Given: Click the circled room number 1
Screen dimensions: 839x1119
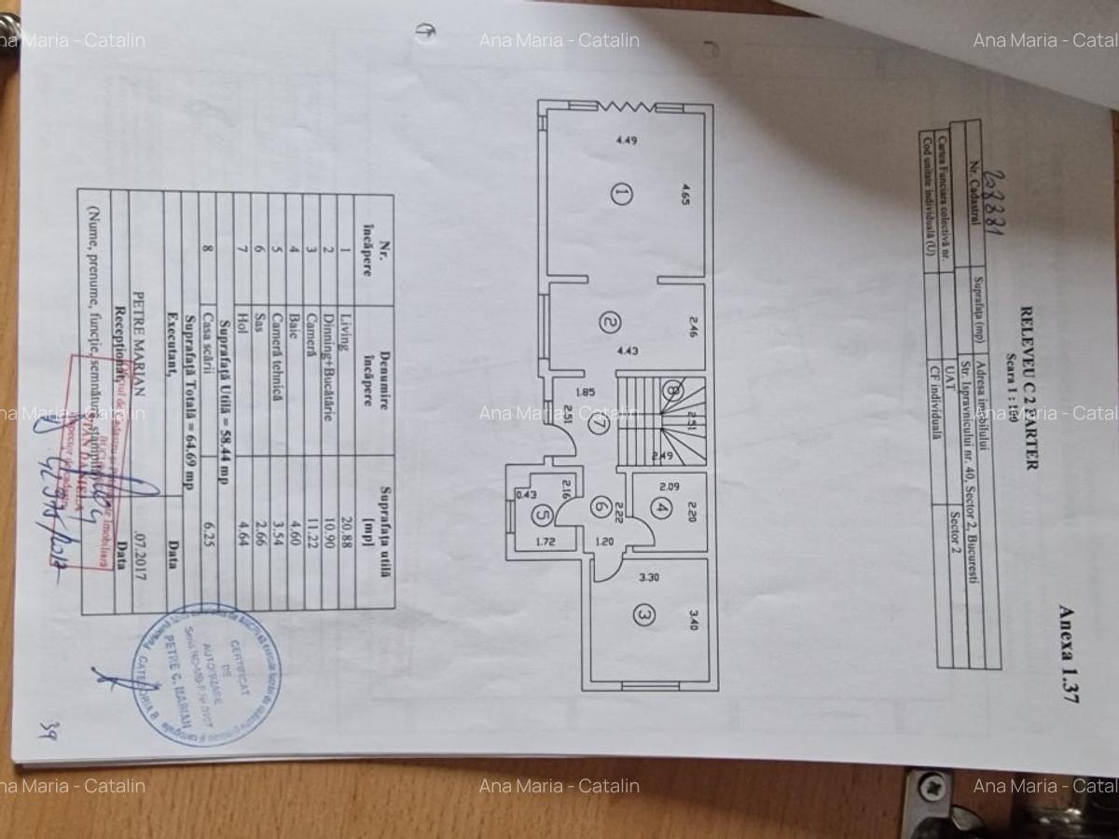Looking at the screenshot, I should click(x=622, y=194).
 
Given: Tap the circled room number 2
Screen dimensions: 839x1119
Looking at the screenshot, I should click(x=610, y=323).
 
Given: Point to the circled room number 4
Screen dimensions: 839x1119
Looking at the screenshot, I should click(x=661, y=509).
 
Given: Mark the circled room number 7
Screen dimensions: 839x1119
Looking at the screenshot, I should click(x=598, y=422).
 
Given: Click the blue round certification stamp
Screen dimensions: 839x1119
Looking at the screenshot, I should click(x=206, y=673).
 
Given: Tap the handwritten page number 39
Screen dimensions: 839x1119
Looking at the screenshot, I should click(x=45, y=730).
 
